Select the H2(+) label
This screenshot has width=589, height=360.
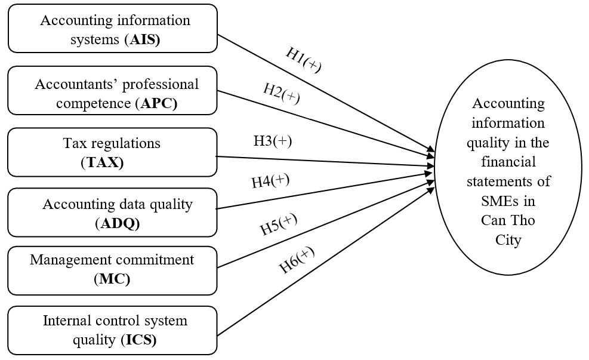[282, 94]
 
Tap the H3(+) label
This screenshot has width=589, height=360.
[273, 141]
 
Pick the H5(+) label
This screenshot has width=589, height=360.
[278, 224]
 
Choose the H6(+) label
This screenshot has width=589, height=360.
[297, 260]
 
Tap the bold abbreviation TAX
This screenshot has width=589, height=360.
[102, 163]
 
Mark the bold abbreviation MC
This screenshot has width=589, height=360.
[112, 279]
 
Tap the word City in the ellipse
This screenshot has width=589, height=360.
[508, 240]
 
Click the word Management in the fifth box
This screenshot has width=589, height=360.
[68, 260]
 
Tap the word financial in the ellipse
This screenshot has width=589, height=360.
[509, 162]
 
